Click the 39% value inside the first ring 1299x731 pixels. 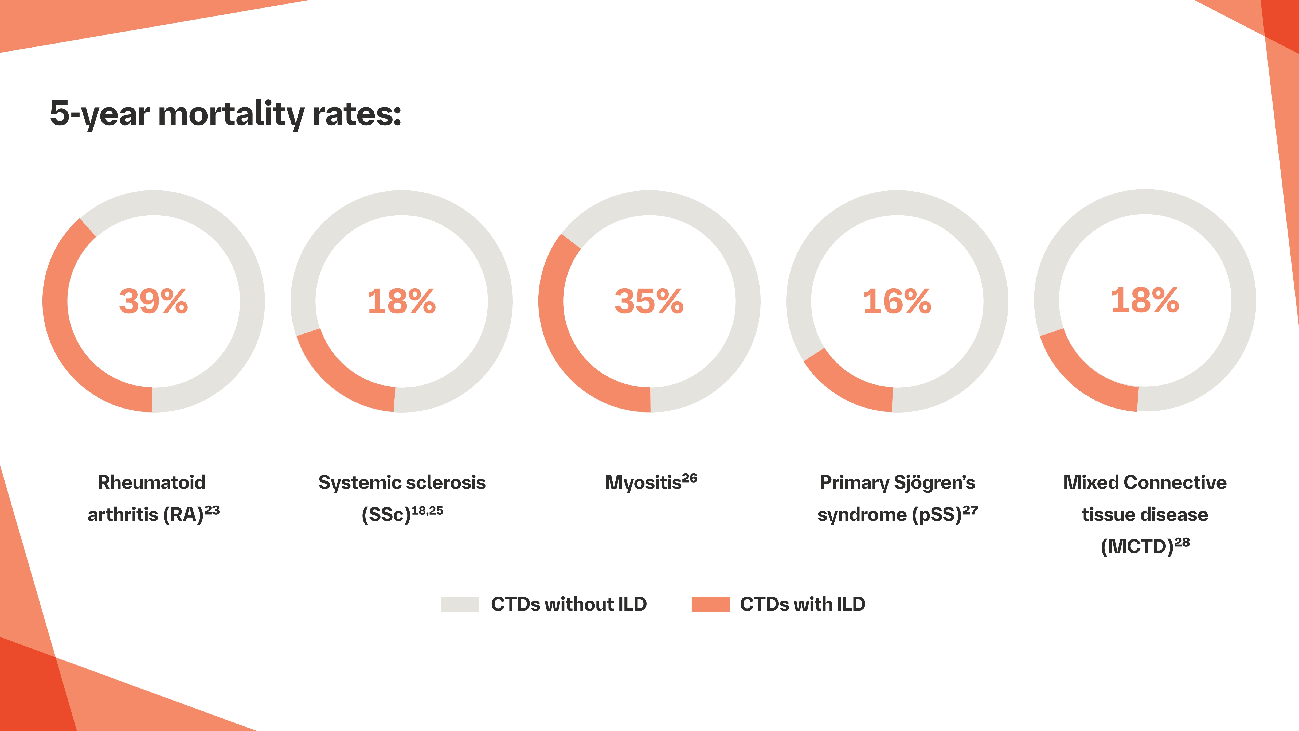pos(153,302)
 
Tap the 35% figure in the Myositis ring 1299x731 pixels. pos(649,302)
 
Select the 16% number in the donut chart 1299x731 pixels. pos(897,302)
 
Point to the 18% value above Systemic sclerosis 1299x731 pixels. pos(401,302)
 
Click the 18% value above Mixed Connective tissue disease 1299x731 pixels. pos(1145,301)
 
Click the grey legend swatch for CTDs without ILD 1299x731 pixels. pos(459,604)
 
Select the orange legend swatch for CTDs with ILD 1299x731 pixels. pos(710,604)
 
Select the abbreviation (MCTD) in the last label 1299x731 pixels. pos(1137,546)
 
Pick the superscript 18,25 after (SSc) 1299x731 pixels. pos(427,511)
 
